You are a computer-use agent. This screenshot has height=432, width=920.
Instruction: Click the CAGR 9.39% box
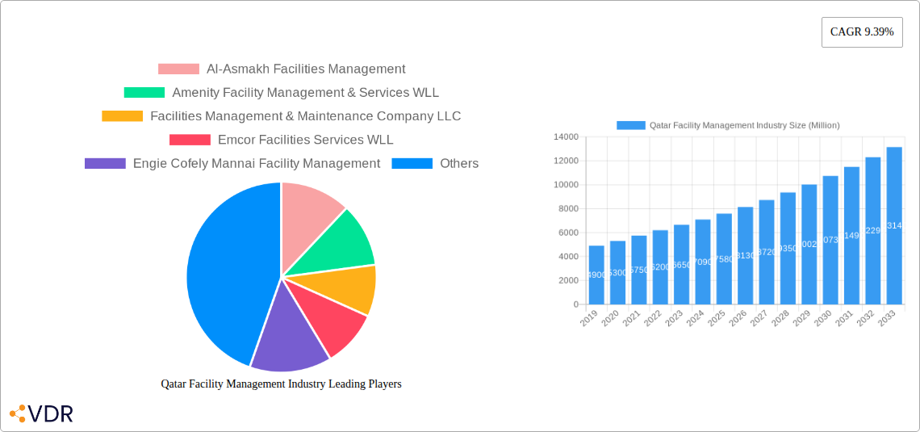pyautogui.click(x=861, y=31)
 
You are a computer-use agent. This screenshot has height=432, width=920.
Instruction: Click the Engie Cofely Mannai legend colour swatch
pyautogui.click(x=105, y=163)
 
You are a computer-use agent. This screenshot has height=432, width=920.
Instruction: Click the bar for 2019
pyautogui.click(x=596, y=275)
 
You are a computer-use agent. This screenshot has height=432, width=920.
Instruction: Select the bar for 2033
pyautogui.click(x=894, y=225)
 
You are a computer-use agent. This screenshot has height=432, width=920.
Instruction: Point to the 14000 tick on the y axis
pyautogui.click(x=565, y=137)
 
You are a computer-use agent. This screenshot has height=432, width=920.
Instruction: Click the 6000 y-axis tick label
pyautogui.click(x=567, y=233)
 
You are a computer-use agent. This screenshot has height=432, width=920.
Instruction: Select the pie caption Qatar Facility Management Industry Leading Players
pyautogui.click(x=281, y=384)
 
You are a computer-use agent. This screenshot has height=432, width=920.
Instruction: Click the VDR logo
pyautogui.click(x=42, y=414)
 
